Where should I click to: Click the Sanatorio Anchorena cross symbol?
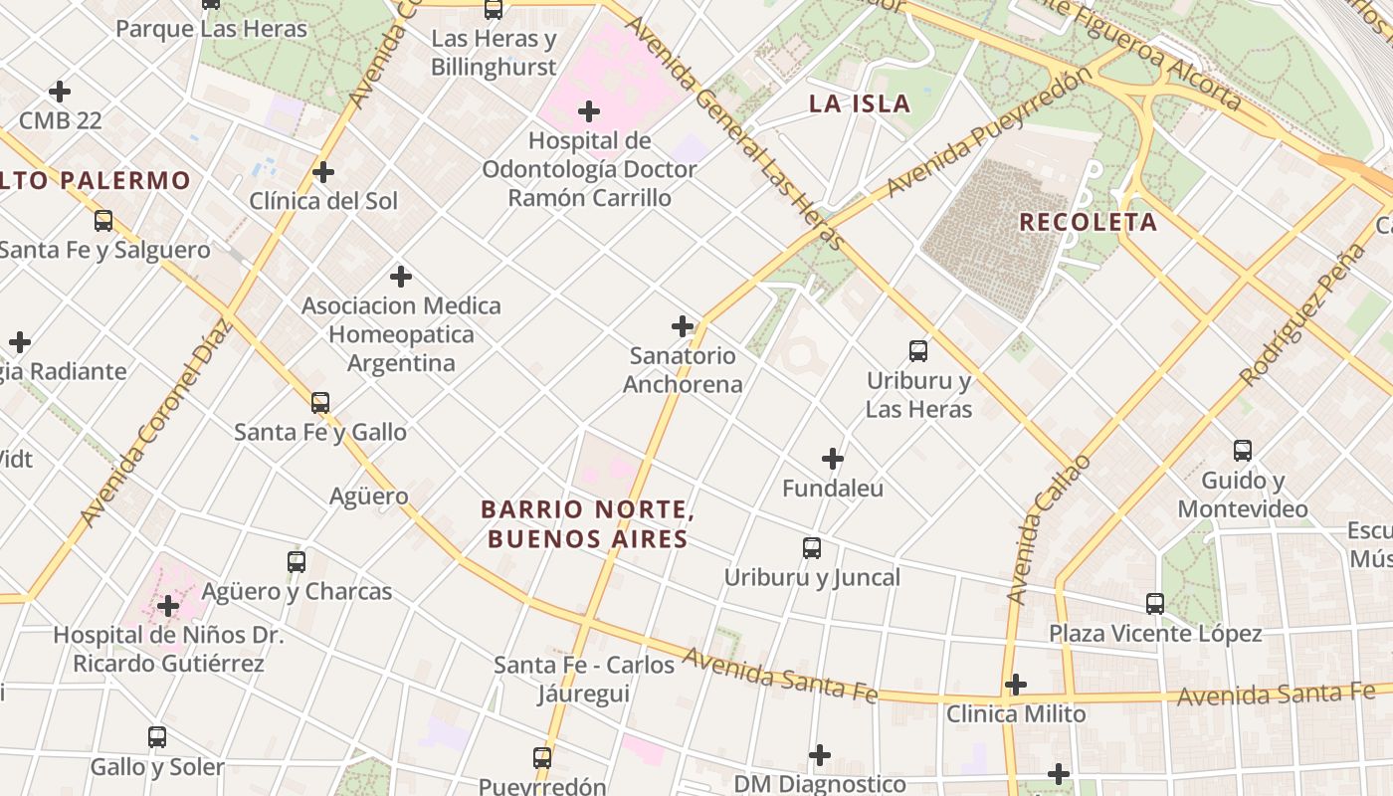coord(683,325)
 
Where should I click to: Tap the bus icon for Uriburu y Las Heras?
coord(918,350)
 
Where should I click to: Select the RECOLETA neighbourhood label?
coord(1089,221)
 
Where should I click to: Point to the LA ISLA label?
coord(860,103)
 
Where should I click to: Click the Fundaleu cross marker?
coord(833,459)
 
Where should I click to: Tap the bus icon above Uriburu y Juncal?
coord(812,547)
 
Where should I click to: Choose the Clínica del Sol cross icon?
coord(323,172)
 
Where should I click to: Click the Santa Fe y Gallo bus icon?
coord(320,402)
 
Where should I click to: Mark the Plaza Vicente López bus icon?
coord(1154,603)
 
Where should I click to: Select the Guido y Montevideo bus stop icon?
coord(1243,450)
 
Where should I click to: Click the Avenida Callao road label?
coord(1049,529)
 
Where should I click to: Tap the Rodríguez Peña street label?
coord(1303,313)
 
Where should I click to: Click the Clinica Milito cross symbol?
coord(1015,685)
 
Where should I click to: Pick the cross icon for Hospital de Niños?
coord(168,605)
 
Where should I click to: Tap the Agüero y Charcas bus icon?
coord(297,561)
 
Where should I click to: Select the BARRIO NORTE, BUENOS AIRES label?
coord(587,524)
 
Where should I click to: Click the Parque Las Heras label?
coord(212,28)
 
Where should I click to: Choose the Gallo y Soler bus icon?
coord(157,737)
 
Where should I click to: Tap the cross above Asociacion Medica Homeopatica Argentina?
coord(401,276)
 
